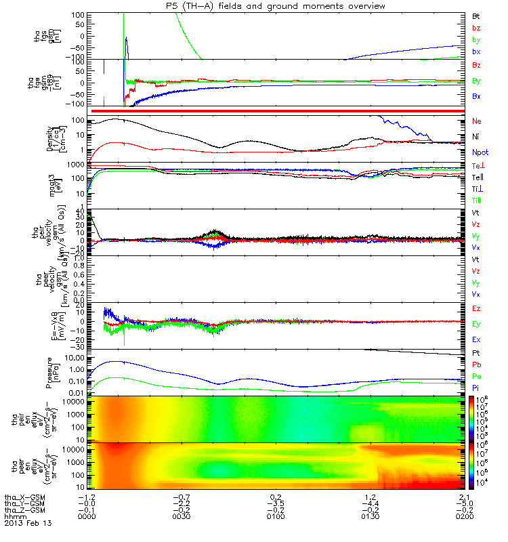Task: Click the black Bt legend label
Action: (x=476, y=15)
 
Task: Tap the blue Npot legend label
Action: (x=480, y=154)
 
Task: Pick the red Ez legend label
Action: (x=477, y=308)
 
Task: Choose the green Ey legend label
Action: (x=477, y=324)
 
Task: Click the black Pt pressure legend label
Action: (x=476, y=354)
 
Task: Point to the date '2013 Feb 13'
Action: (x=28, y=524)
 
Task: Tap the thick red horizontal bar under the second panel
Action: (x=278, y=110)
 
